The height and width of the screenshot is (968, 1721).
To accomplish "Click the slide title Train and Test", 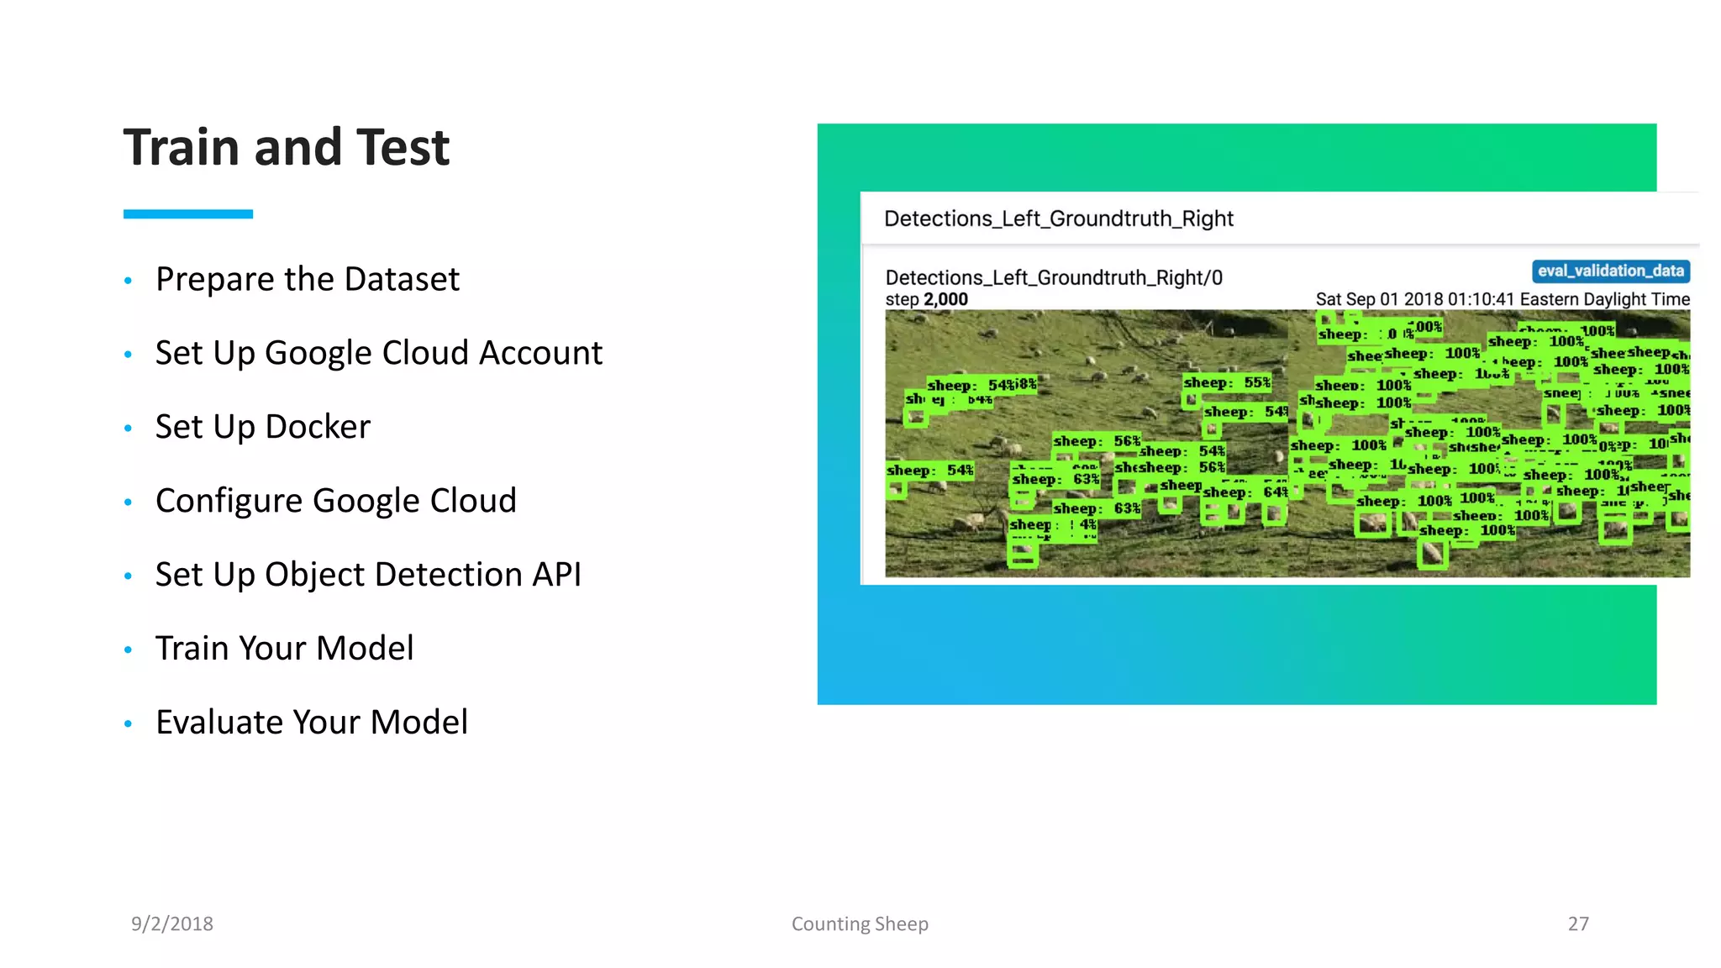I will click(287, 147).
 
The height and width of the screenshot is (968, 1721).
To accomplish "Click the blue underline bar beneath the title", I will click(187, 214).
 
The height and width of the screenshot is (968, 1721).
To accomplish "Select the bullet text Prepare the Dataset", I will click(307, 279).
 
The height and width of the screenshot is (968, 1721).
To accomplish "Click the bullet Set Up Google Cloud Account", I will click(378, 353).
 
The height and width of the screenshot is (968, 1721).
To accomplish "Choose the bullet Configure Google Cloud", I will click(335, 501).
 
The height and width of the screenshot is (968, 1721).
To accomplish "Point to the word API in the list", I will click(556, 575).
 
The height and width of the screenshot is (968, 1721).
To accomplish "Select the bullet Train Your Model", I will click(284, 649).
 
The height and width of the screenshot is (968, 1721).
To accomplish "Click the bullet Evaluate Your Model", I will click(311, 723).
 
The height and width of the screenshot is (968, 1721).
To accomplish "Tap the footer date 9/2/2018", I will click(172, 923).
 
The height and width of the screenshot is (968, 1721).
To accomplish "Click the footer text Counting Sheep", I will click(860, 923).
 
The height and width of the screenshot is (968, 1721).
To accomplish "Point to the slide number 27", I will click(1578, 923).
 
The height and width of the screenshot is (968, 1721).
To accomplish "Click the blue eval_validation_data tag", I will click(1610, 271).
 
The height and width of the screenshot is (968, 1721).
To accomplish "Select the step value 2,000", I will click(945, 300).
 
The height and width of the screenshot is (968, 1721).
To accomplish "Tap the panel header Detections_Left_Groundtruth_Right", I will click(1058, 218).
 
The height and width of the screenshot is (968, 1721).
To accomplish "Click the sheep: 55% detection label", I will click(1227, 382).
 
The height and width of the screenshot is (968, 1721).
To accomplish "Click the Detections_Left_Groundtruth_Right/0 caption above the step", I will click(1054, 277).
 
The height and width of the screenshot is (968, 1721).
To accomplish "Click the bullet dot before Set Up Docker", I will click(128, 429).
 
